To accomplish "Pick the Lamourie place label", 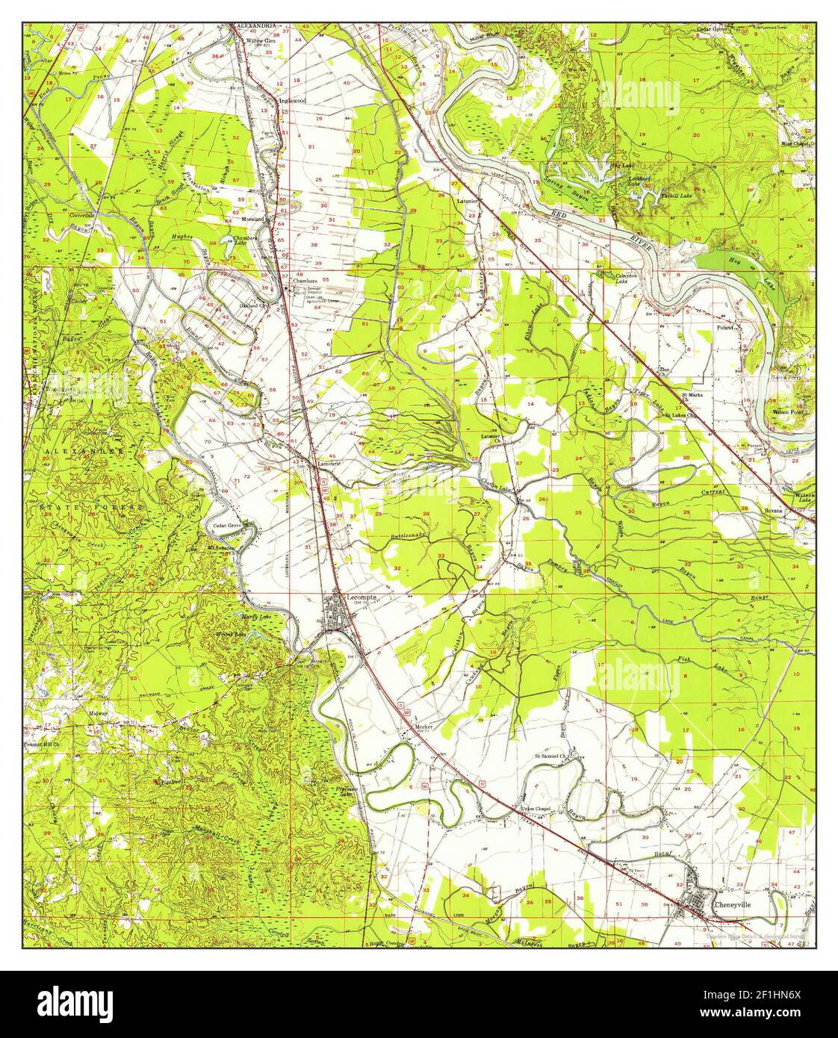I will click(329, 464).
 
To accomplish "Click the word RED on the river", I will click(564, 214).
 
